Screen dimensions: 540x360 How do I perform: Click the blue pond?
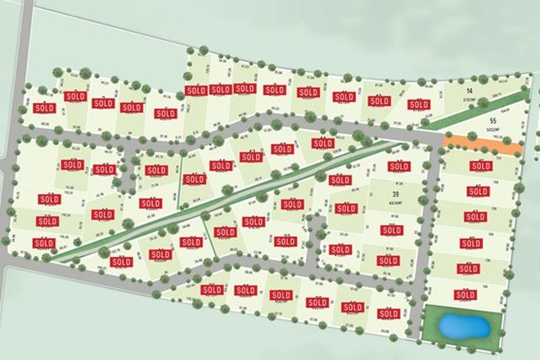pos(465,327)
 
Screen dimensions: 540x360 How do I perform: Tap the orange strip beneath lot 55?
pos(483,146)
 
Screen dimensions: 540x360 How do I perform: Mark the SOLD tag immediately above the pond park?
pos(466,293)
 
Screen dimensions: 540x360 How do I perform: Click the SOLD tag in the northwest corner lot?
pos(44,107)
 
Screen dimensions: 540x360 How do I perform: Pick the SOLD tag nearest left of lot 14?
pos(418,105)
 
